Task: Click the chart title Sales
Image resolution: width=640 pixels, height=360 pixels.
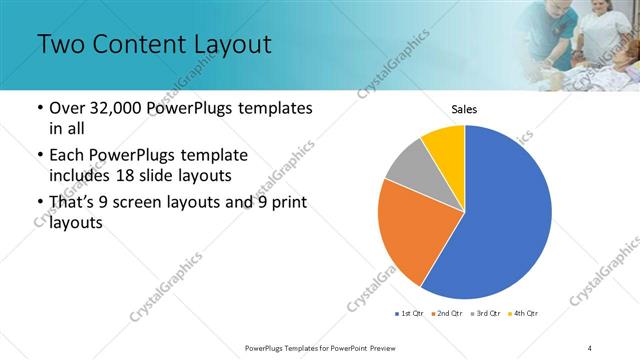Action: click(x=464, y=109)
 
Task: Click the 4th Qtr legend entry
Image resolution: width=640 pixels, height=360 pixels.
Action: click(x=525, y=314)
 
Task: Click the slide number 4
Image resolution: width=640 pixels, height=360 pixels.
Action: click(x=590, y=347)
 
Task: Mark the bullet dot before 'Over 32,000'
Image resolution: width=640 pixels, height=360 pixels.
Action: click(x=39, y=108)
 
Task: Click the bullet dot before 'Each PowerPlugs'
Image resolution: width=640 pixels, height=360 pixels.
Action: click(x=39, y=156)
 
